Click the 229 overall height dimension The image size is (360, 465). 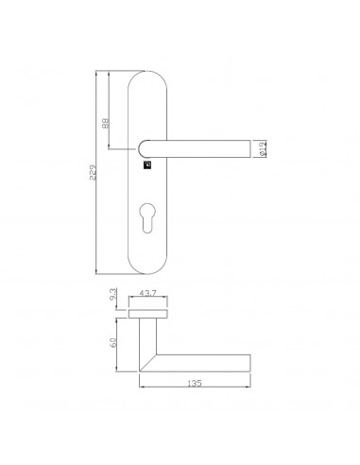coord(92,172)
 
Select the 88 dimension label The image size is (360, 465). coord(105,123)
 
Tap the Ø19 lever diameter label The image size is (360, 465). coord(263,148)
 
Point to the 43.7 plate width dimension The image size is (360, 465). coord(147,293)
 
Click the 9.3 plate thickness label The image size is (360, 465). coord(113,294)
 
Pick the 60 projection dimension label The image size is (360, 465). coord(113,342)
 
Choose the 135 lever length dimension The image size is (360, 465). coord(195,384)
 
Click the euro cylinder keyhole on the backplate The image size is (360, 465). coord(146,218)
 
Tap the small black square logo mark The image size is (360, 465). coord(147,165)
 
